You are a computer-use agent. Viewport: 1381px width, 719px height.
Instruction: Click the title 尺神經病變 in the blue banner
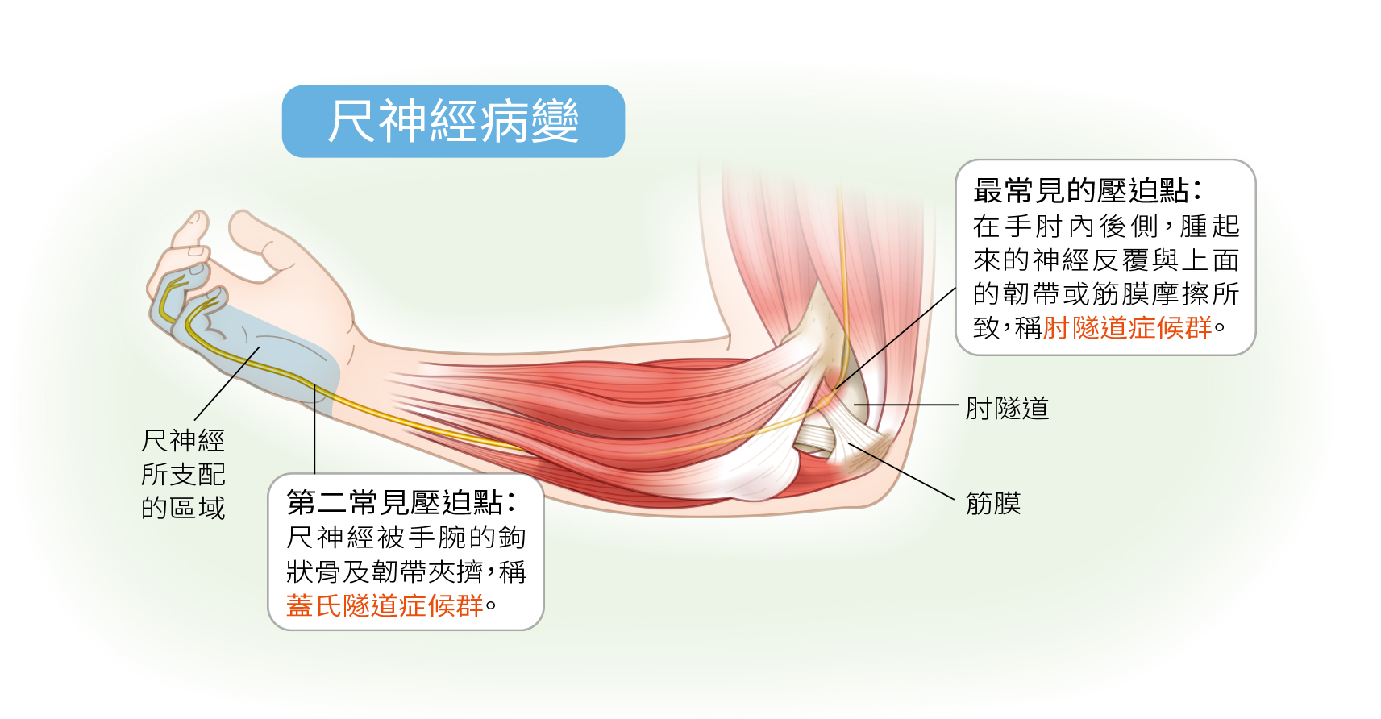453,122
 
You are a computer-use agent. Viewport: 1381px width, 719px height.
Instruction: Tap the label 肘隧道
1007,408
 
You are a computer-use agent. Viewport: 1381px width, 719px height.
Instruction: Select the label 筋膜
992,503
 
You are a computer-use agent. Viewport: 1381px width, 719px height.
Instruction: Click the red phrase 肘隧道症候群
1127,327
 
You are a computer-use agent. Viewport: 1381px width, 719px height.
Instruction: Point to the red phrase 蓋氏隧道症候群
385,605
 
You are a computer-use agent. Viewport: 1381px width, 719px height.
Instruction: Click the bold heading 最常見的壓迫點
1081,190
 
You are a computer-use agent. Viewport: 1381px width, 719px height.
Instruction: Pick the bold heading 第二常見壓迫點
394,502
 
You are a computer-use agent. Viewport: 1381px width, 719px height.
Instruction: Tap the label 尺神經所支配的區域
183,474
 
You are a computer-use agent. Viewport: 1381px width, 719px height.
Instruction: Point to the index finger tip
198,219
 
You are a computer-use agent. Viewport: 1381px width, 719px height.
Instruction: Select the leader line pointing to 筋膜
901,471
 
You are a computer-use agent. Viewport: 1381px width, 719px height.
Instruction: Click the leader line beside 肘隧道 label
905,405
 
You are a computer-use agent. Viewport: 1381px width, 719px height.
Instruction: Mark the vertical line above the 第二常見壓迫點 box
314,429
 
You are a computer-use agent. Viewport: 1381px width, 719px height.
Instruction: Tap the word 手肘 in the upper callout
1032,227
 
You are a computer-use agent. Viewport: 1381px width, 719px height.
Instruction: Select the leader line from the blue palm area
227,384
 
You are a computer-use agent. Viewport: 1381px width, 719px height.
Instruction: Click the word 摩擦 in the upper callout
1182,293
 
